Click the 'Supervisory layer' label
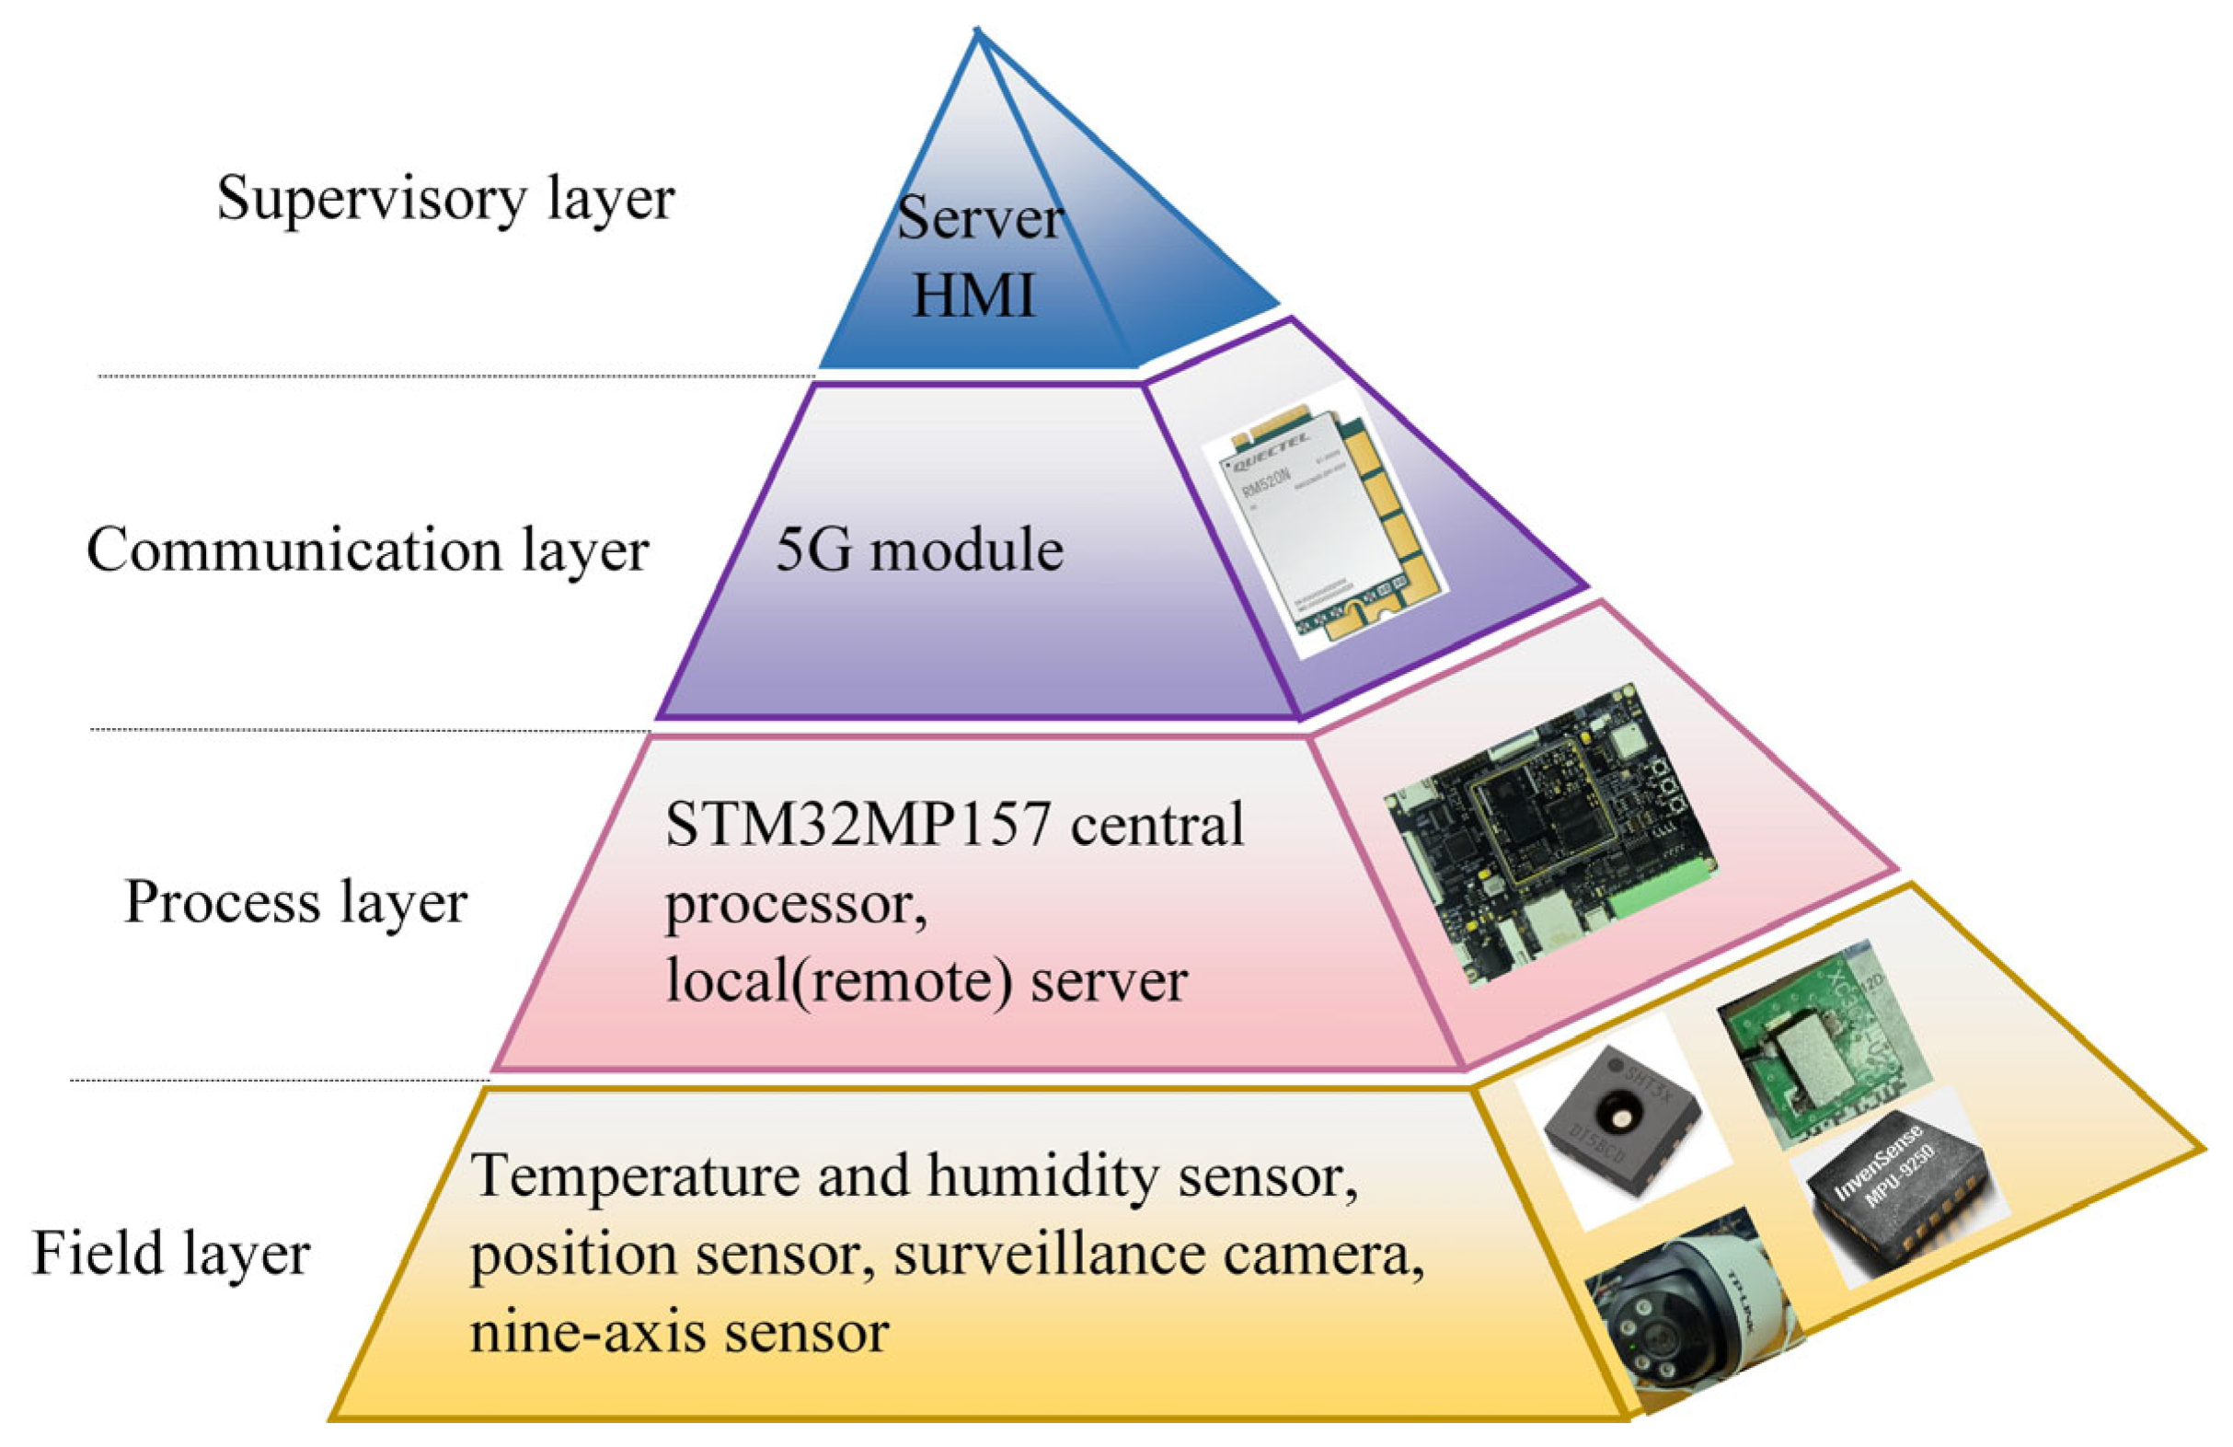[x=444, y=199]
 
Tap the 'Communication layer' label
[x=367, y=550]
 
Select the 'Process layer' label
[x=295, y=902]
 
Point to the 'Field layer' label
[x=171, y=1254]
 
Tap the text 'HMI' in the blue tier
[x=973, y=293]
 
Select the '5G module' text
[x=918, y=550]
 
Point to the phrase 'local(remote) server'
[x=926, y=981]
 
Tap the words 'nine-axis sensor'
[x=678, y=1333]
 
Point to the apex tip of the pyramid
[x=979, y=32]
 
